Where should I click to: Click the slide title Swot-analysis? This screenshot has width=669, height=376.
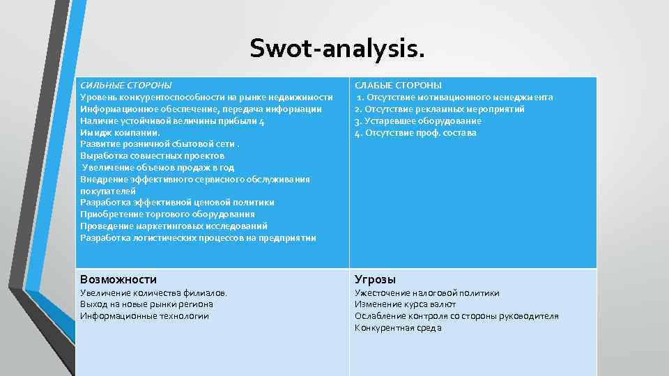337,49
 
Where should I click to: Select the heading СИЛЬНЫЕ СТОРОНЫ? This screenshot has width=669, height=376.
126,85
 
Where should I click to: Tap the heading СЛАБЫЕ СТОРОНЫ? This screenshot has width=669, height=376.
399,85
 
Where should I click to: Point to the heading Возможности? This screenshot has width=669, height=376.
118,279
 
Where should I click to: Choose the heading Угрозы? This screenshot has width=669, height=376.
376,279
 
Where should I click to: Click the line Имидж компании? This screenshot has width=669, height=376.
120,132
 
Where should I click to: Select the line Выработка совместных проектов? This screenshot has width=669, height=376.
153,155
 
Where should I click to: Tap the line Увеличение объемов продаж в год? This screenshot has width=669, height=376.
158,167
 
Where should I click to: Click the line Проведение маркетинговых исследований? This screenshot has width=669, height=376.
174,226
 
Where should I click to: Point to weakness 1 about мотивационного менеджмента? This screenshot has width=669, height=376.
455,97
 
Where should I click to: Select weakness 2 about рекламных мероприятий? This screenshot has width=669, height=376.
440,109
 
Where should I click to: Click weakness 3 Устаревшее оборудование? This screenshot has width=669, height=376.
418,120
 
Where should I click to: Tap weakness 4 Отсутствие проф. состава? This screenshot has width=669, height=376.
416,132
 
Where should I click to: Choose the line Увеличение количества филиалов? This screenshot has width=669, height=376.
154,293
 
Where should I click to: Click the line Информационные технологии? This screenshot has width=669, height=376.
144,316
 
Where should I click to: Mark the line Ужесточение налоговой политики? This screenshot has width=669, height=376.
427,293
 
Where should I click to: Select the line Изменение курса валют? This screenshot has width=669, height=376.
406,304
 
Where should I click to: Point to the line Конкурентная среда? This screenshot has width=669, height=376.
398,328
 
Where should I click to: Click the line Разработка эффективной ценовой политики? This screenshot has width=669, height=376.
177,203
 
